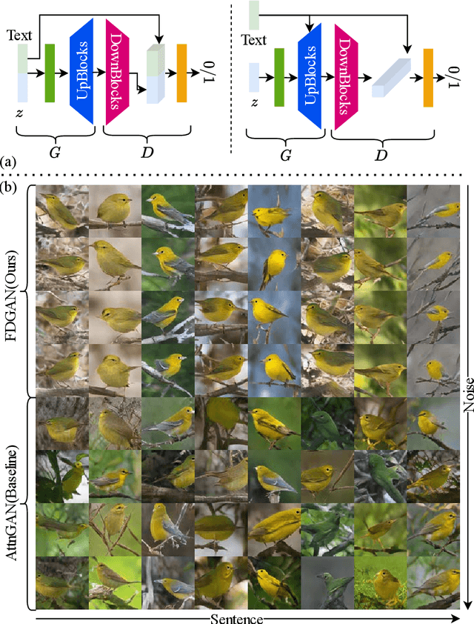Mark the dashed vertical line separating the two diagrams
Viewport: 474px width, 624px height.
coord(231,74)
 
